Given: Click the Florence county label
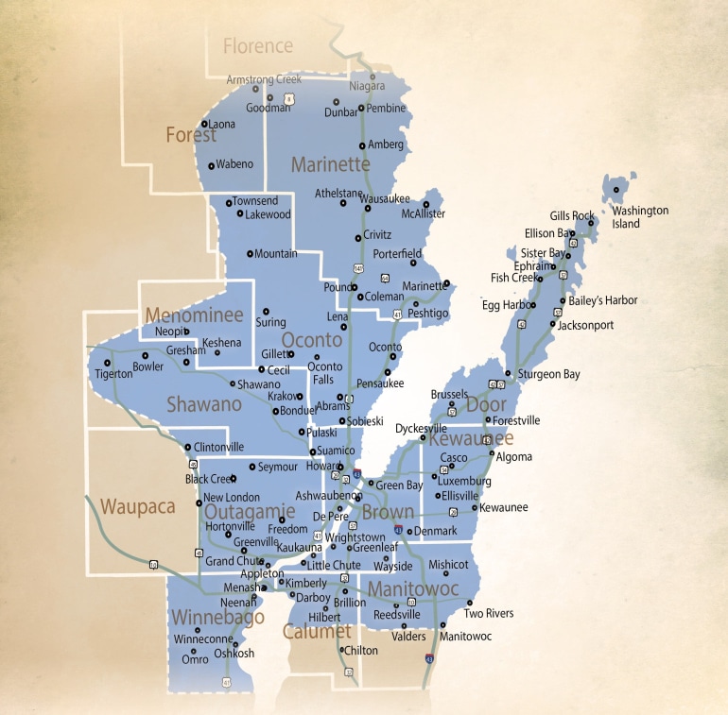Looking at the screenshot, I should (x=258, y=45).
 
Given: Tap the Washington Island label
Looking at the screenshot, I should (x=639, y=217).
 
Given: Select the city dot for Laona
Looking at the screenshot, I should (x=204, y=123).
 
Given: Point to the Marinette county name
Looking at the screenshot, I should (x=330, y=164).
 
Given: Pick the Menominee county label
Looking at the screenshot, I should (x=194, y=315).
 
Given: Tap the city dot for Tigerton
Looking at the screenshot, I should (x=108, y=363).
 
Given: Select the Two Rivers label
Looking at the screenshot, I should (x=489, y=613).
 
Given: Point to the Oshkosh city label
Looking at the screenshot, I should (x=234, y=654).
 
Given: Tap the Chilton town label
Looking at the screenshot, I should (x=360, y=651).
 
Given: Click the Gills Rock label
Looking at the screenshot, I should (x=572, y=216).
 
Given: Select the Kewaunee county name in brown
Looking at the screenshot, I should (x=471, y=438).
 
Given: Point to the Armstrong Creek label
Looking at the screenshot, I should (x=264, y=79).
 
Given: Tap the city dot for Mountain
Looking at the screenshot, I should (x=250, y=253).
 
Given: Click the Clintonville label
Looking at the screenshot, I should (x=218, y=447).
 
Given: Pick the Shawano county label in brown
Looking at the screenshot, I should (x=204, y=403).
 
